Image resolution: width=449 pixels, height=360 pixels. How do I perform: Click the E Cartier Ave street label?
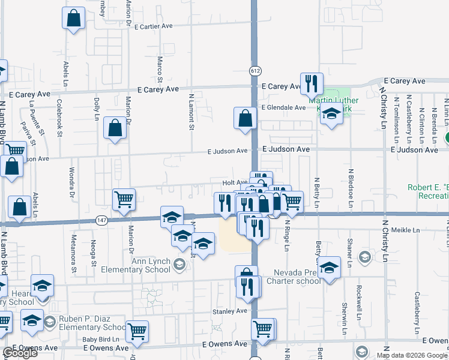pyautogui.click(x=154, y=26)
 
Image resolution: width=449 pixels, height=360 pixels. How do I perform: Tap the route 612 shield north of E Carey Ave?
pyautogui.click(x=255, y=71)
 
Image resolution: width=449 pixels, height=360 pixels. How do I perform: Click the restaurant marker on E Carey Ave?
pyautogui.click(x=311, y=83)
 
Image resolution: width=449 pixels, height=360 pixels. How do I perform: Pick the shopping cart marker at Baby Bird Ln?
pyautogui.click(x=137, y=331)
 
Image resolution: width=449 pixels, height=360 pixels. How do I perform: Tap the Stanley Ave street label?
pyautogui.click(x=229, y=311)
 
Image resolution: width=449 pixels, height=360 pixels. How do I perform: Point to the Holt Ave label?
pyautogui.click(x=235, y=182)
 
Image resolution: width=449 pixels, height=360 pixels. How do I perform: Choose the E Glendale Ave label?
pyautogui.click(x=283, y=107)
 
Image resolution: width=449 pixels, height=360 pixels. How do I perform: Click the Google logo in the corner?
pyautogui.click(x=20, y=353)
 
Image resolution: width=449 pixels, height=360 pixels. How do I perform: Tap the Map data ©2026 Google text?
pyautogui.click(x=412, y=355)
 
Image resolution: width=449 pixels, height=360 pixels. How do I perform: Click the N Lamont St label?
pyautogui.click(x=191, y=112)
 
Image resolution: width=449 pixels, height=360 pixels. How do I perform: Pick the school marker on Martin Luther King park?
pyautogui.click(x=331, y=113)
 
